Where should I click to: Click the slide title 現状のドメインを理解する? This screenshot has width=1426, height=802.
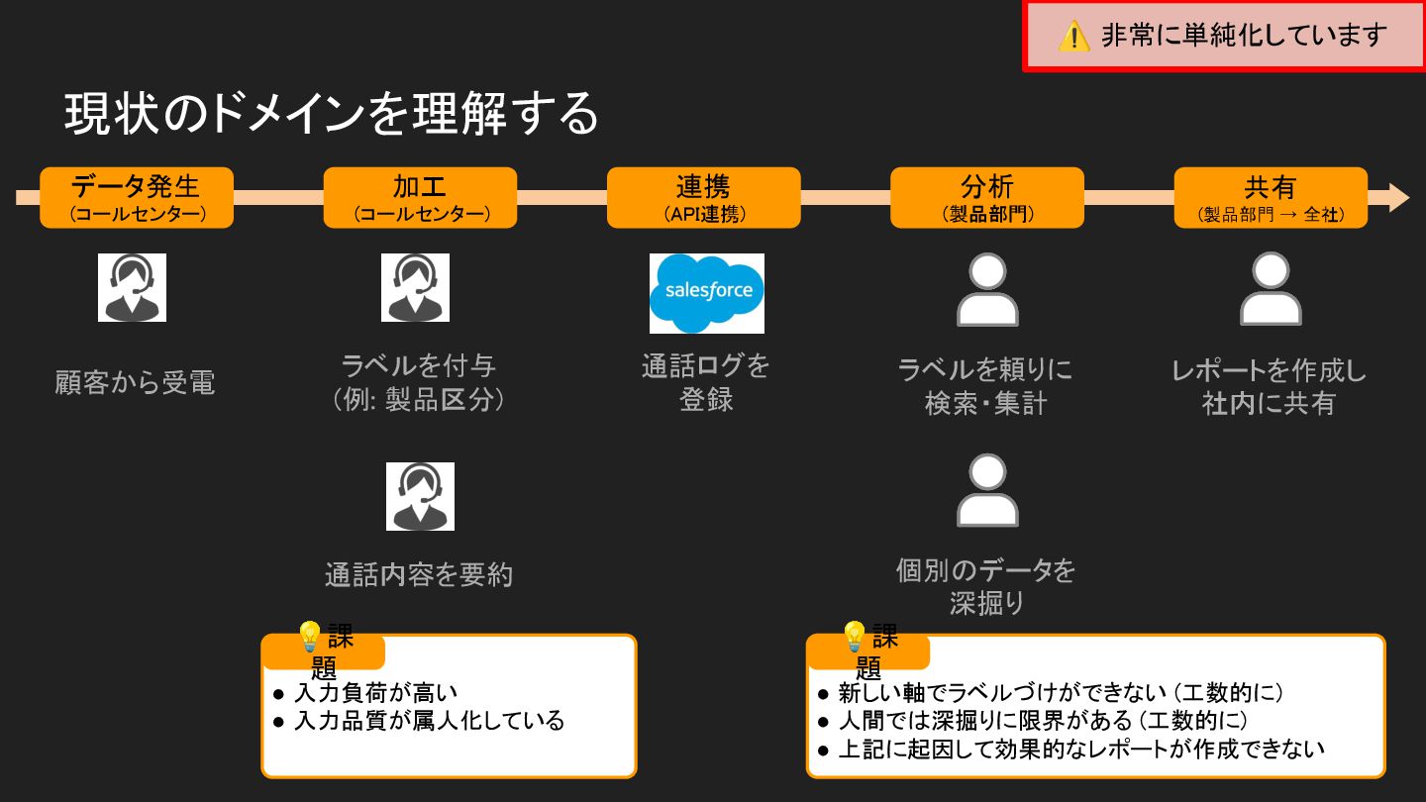click(332, 114)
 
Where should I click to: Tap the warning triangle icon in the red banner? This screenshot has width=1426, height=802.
click(1073, 37)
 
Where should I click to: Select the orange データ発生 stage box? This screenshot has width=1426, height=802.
click(137, 197)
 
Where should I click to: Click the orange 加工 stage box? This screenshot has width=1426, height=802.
click(420, 197)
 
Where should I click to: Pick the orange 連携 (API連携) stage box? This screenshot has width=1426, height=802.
click(703, 197)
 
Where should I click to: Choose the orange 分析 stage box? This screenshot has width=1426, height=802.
click(986, 197)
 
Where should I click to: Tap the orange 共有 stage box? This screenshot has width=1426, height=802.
click(1270, 197)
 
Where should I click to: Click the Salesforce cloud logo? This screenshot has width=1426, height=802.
click(707, 292)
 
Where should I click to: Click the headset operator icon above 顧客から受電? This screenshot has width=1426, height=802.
click(132, 287)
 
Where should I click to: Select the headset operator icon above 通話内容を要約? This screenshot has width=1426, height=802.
click(420, 496)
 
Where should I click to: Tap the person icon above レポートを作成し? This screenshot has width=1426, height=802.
click(1270, 289)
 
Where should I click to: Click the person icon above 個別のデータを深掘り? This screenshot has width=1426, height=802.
click(986, 491)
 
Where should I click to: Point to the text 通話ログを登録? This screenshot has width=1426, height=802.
click(705, 382)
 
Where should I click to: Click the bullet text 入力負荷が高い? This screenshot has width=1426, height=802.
click(375, 693)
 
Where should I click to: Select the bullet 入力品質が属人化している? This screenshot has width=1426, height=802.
click(428, 720)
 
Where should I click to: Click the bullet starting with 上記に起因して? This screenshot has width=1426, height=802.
click(1080, 749)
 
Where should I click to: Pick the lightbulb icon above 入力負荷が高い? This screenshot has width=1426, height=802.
click(309, 635)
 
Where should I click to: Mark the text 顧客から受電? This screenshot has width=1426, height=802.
click(135, 382)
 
